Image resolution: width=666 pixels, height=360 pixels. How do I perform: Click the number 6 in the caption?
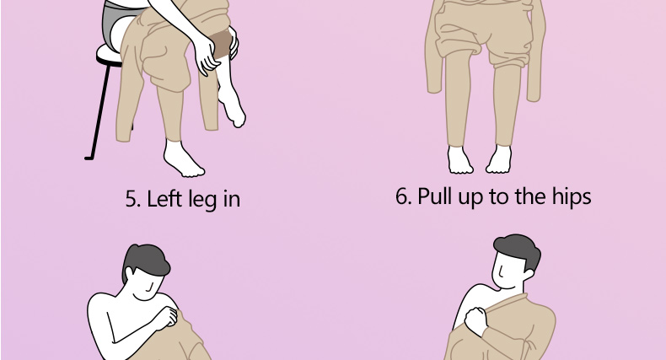(x=401, y=196)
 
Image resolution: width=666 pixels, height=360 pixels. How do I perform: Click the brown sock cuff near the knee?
(x=222, y=44)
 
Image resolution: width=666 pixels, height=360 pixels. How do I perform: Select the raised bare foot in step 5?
(x=232, y=108)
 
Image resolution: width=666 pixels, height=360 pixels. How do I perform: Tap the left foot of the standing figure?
(x=460, y=160)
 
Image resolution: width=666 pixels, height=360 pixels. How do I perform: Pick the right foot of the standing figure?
(x=499, y=159)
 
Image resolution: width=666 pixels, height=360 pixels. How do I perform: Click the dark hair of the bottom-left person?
(x=146, y=260)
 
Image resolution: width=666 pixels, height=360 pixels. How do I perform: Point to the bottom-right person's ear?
(x=529, y=275)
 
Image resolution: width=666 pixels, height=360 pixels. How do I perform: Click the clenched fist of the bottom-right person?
(x=476, y=321)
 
